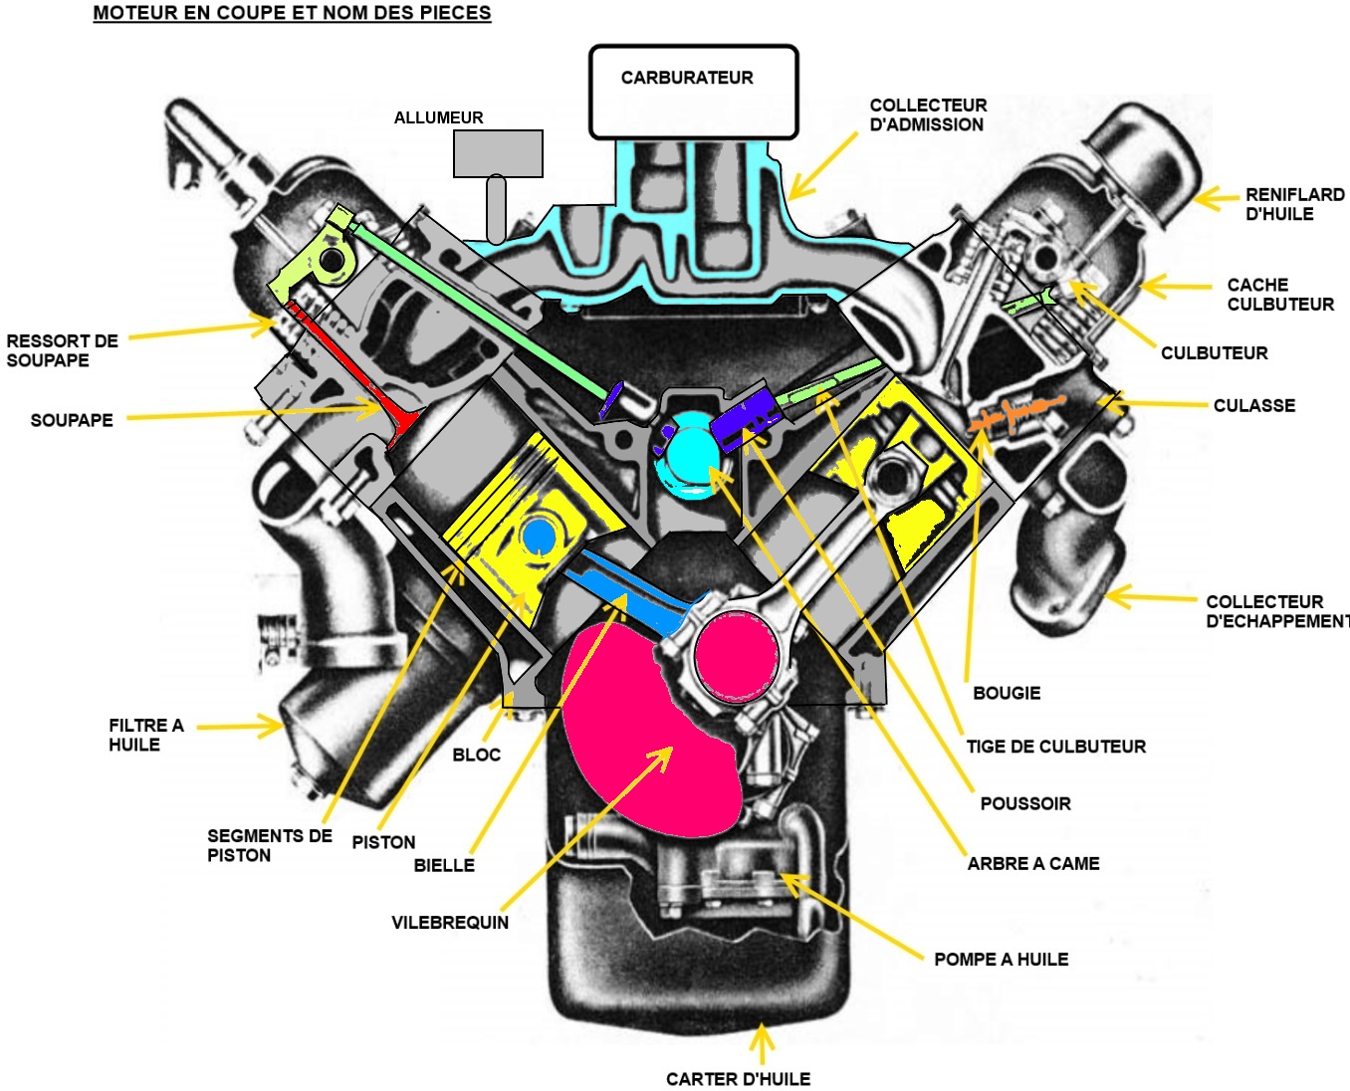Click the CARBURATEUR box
click(x=693, y=92)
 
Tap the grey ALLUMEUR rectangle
click(x=498, y=153)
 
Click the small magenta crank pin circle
click(x=736, y=656)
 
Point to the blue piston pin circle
click(x=539, y=536)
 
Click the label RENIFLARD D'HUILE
click(x=1294, y=204)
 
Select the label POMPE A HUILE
click(x=1001, y=960)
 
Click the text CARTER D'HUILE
click(x=738, y=1079)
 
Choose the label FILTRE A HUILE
click(x=145, y=736)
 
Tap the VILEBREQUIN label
click(x=450, y=923)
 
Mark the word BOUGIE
click(x=1007, y=693)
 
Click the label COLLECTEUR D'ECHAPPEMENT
click(x=1275, y=611)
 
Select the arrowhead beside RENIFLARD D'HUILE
click(x=1205, y=199)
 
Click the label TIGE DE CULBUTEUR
click(x=1055, y=747)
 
